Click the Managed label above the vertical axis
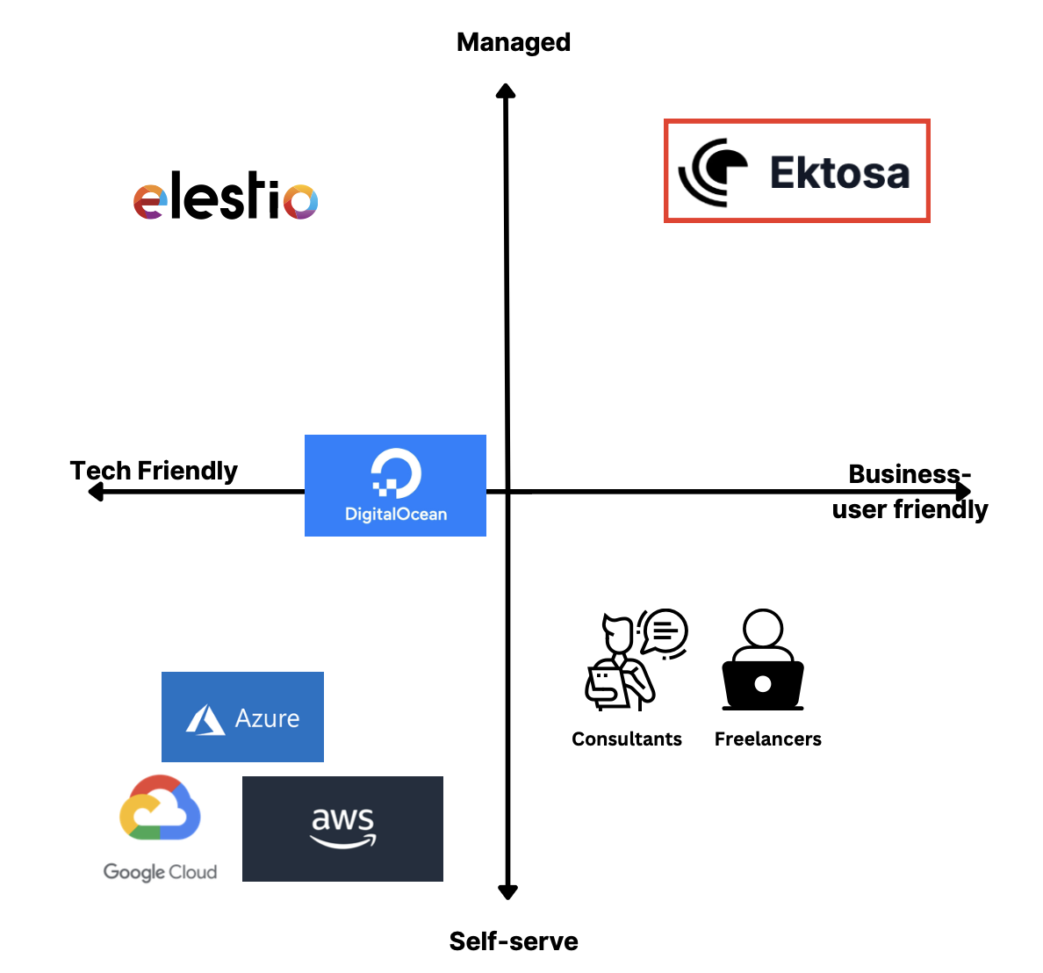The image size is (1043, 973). [514, 42]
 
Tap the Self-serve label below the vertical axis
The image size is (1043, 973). [514, 941]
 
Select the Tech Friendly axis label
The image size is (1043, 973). [154, 471]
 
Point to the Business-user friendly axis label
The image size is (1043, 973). [910, 492]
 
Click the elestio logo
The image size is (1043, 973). [226, 196]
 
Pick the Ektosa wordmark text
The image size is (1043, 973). [839, 173]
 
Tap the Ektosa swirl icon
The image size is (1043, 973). [714, 171]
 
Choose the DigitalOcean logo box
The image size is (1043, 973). [395, 486]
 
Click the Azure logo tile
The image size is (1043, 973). [242, 717]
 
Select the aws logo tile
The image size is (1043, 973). [342, 829]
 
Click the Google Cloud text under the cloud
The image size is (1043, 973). [160, 872]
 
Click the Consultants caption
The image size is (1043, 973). [627, 739]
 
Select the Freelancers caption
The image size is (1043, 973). [768, 739]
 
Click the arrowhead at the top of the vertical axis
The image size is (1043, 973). [506, 90]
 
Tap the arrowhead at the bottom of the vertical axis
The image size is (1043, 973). [507, 892]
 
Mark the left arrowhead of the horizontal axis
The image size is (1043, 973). [96, 492]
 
